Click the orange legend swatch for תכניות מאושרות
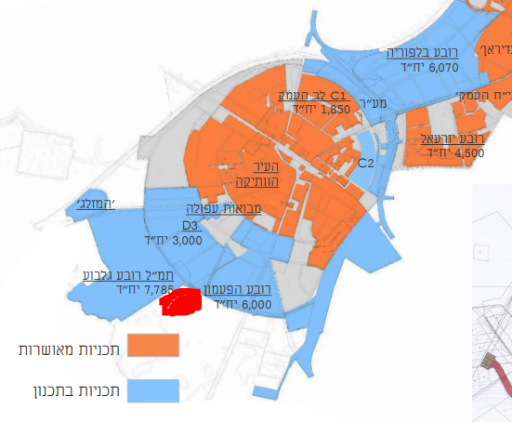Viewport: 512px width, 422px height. tap(152, 347)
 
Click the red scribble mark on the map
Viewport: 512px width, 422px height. tap(181, 301)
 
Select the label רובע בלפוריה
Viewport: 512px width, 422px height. tap(424, 53)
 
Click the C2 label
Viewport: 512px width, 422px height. tap(366, 164)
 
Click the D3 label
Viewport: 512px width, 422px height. tap(191, 225)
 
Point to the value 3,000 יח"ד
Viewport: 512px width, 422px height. tap(174, 240)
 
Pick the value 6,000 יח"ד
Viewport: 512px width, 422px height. tap(243, 304)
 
